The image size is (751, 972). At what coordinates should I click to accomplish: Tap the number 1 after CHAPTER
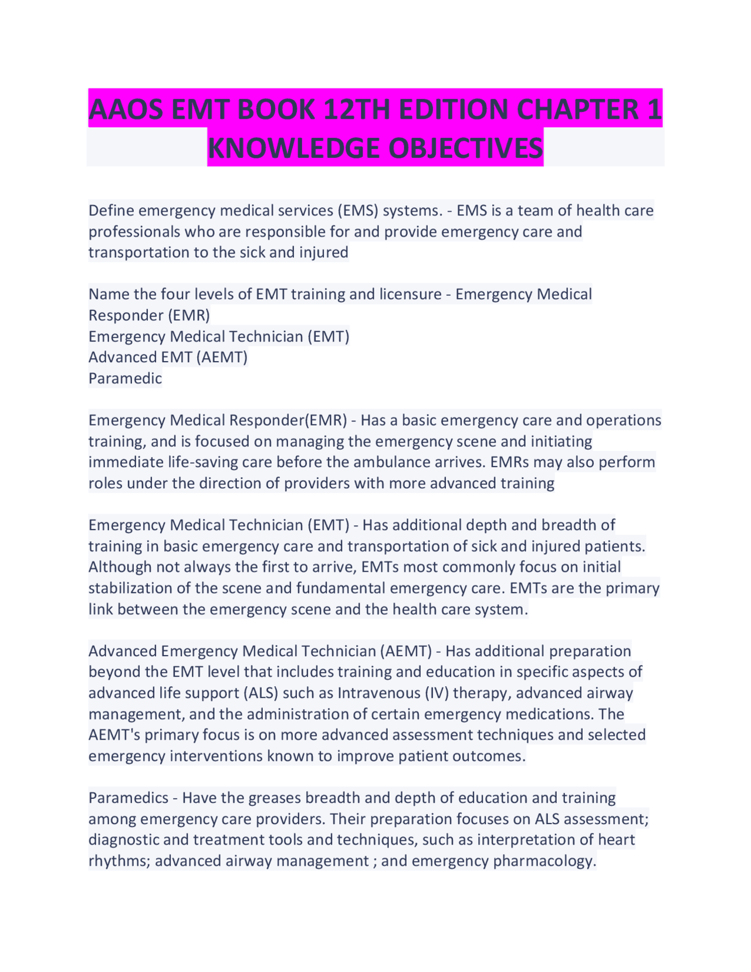654,109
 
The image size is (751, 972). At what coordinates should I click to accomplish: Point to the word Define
111,210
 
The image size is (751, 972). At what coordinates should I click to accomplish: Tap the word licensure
410,294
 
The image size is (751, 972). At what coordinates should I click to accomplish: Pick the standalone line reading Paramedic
125,378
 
